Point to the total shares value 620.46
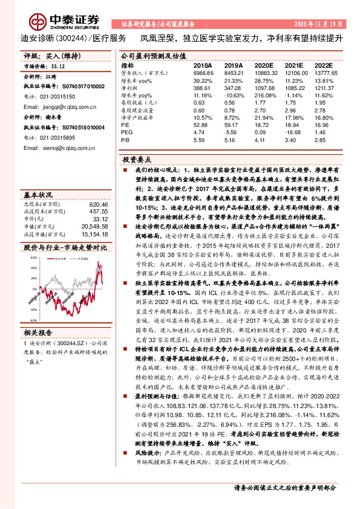[x=97, y=204]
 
